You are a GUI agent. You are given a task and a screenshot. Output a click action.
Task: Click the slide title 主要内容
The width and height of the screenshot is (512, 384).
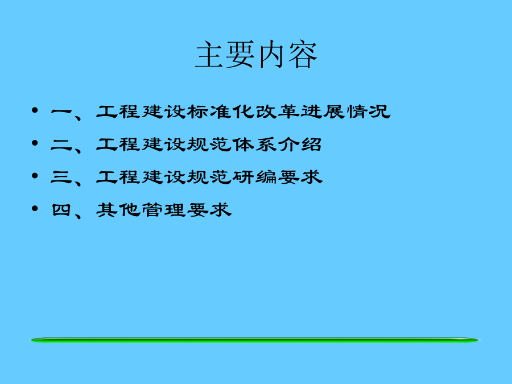pos(257,55)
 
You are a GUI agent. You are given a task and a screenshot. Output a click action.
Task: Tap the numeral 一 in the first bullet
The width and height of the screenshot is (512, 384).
pos(61,112)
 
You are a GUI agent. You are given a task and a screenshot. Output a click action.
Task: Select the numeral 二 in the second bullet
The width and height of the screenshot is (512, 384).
pos(61,144)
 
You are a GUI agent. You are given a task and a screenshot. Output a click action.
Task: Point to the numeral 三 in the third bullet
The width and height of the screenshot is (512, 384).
pos(61,177)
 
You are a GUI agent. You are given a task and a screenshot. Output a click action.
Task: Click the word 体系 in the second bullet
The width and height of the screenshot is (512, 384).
pos(255,144)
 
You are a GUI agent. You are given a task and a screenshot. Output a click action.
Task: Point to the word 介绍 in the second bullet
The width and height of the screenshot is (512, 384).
pos(300,144)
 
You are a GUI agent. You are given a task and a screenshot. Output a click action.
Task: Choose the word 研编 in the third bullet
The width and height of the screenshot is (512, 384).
pos(255,177)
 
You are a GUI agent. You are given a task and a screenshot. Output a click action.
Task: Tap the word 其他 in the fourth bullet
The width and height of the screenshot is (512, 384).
pos(118,210)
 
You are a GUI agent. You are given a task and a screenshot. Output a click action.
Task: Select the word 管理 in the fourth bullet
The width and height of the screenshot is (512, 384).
pos(164,210)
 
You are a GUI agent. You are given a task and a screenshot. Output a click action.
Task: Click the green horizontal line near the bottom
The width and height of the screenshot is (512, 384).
pos(255,340)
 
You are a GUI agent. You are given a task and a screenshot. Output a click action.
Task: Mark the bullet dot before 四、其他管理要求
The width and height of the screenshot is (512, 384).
pos(35,208)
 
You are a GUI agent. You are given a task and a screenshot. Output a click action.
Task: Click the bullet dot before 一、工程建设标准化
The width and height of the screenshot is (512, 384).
pos(35,110)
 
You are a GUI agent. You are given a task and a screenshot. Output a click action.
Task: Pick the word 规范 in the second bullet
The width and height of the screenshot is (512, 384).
pos(209,144)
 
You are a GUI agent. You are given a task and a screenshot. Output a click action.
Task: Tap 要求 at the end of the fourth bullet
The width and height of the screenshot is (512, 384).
pos(209,210)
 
